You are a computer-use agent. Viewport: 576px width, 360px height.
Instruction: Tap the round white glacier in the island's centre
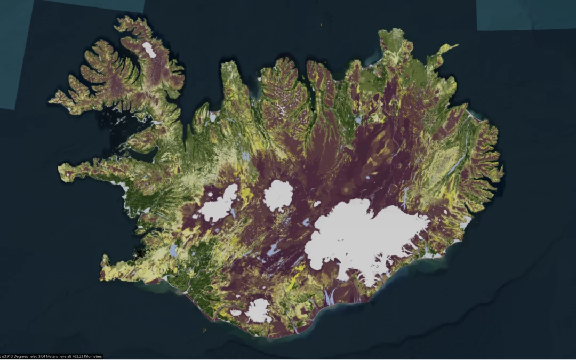click(278, 195)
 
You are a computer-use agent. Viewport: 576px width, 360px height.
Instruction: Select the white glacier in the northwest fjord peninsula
click(149, 50)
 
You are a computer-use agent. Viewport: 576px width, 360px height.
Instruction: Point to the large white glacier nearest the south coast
click(258, 310)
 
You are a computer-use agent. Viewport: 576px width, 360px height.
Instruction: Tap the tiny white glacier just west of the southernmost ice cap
click(236, 313)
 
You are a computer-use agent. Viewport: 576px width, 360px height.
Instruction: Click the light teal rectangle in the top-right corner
click(525, 15)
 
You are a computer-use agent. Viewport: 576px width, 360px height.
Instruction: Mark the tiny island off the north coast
click(321, 24)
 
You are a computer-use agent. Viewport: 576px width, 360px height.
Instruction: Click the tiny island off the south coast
click(204, 330)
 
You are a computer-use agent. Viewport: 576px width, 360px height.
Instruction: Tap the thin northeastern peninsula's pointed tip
click(457, 46)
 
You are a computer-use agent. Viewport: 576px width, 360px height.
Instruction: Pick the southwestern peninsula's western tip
click(102, 260)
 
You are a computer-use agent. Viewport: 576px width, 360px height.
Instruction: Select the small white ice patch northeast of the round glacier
click(316, 204)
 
